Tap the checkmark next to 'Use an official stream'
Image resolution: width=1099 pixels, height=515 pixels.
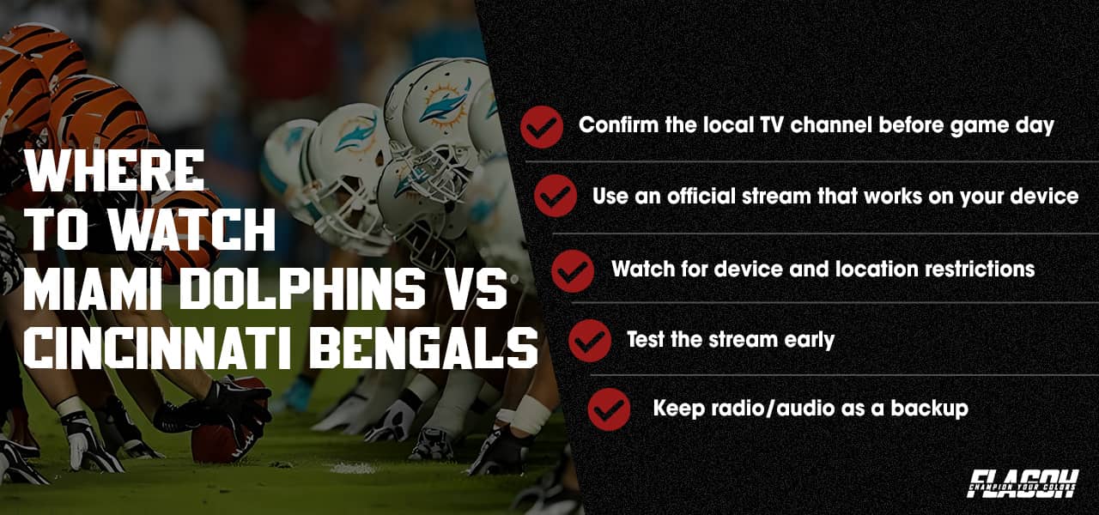point(556,197)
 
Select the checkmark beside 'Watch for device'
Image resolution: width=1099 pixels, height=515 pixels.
point(573,270)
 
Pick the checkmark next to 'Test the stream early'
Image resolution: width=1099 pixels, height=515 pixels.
point(590,341)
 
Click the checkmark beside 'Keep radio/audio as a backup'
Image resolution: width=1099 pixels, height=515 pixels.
point(610,409)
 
